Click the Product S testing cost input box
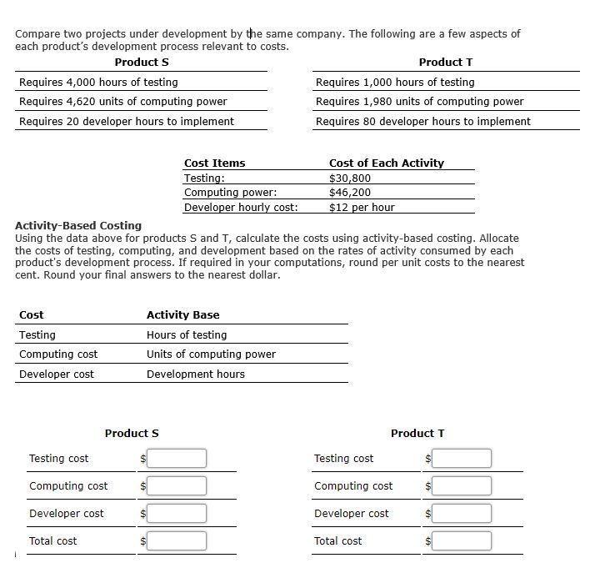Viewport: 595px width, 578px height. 177,458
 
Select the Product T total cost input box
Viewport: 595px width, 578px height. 462,541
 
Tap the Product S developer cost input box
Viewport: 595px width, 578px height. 177,513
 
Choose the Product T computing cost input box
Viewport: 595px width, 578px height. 462,485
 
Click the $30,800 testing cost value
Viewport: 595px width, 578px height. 350,178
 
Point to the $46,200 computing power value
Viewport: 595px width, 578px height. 350,192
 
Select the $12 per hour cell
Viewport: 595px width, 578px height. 362,207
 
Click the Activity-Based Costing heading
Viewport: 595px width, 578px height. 78,225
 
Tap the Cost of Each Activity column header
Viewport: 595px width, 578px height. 387,163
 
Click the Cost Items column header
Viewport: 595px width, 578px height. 214,163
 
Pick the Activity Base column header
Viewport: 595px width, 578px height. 182,314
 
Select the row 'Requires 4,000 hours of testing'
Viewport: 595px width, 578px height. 98,82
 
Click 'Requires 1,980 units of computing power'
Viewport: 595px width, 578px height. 419,101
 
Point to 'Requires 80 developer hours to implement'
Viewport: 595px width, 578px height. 422,121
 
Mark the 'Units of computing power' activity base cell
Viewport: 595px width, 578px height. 211,354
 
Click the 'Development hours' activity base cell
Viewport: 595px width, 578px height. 196,374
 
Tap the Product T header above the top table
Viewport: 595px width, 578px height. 446,62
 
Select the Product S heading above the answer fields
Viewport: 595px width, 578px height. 132,433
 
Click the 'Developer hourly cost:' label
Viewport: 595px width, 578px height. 241,207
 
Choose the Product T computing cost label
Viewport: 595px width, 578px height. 353,485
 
